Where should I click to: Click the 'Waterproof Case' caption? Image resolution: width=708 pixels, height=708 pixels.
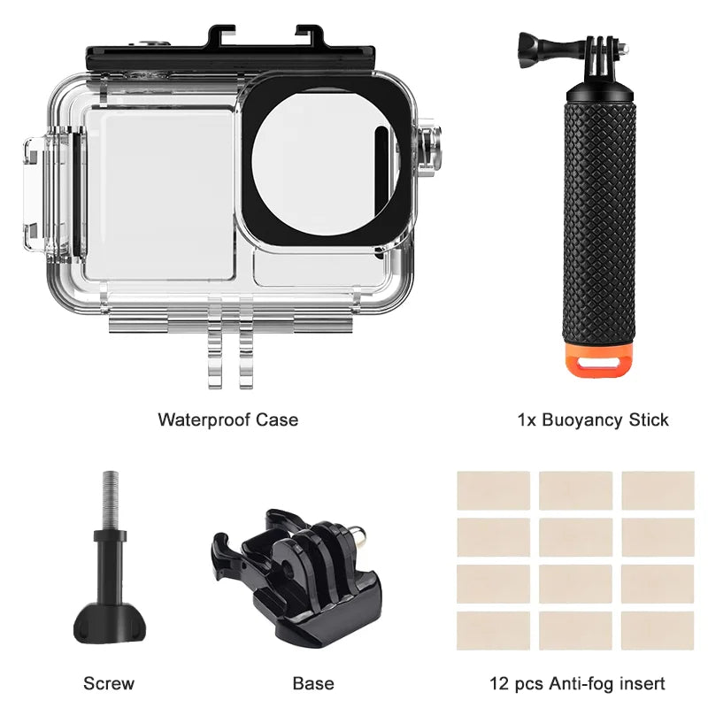tap(227, 419)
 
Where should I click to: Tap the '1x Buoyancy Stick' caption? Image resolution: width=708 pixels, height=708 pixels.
tap(593, 419)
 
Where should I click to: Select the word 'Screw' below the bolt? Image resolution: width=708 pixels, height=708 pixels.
tap(109, 683)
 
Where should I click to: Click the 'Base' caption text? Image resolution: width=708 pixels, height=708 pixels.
tap(313, 683)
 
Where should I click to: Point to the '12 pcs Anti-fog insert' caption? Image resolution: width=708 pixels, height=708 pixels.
tap(577, 683)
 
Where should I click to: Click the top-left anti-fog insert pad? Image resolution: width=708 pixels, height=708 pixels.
tap(493, 490)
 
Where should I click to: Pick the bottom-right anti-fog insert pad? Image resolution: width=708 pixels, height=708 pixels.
tap(657, 630)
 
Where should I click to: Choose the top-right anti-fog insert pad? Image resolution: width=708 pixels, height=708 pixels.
tap(657, 490)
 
